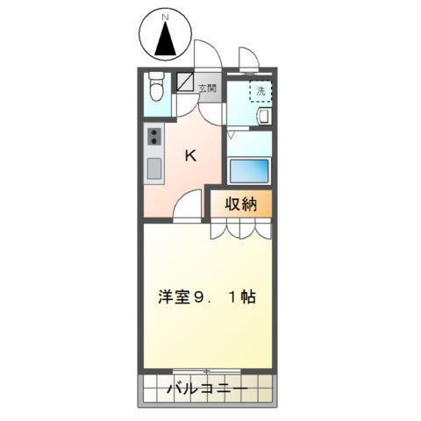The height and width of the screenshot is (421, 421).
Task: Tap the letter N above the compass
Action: point(166,15)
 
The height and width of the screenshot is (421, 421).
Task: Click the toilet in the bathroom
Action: point(156,88)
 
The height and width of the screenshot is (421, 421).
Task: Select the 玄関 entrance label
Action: point(207,88)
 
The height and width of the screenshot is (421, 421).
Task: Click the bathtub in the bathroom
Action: point(251,168)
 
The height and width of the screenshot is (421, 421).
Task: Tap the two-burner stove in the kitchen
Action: point(155,138)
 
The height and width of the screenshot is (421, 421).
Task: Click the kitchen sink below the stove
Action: point(155,168)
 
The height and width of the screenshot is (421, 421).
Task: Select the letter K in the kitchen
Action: point(189,155)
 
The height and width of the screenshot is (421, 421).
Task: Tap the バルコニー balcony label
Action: point(208,388)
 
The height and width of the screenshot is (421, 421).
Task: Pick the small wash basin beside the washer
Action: point(264,116)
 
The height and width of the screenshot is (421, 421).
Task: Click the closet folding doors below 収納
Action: point(239,228)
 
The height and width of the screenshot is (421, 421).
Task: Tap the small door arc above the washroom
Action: point(248,61)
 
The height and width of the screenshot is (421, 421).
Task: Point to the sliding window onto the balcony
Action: point(208,371)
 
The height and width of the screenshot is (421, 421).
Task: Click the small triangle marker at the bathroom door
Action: point(232,136)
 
